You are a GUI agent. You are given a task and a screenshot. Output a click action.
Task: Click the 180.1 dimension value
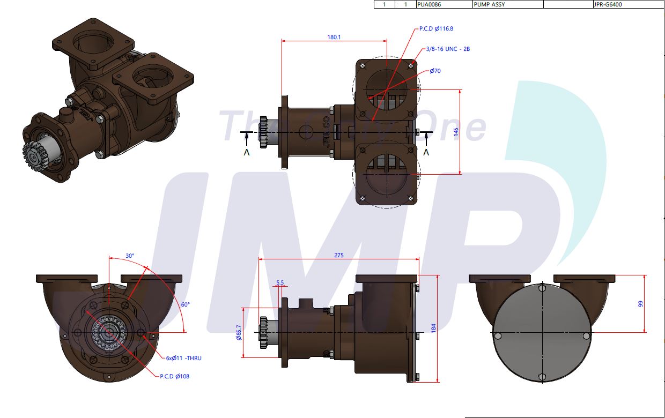pyautogui.click(x=334, y=37)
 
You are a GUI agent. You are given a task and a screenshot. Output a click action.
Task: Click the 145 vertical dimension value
pyautogui.click(x=456, y=132)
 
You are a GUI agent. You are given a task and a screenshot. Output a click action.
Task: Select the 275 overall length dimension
pyautogui.click(x=338, y=255)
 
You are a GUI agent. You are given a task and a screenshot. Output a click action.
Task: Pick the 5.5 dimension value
pyautogui.click(x=280, y=282)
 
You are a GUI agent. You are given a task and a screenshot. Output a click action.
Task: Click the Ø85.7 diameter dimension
pyautogui.click(x=238, y=333)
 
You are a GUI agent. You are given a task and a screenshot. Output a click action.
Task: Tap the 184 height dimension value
pyautogui.click(x=433, y=328)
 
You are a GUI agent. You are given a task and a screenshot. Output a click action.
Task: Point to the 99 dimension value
pyautogui.click(x=640, y=304)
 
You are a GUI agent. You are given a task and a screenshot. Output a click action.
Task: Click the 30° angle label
pyautogui.click(x=130, y=256)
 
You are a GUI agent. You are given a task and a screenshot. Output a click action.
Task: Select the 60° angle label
pyautogui.click(x=185, y=304)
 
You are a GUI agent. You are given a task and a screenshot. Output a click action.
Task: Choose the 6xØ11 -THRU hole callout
pyautogui.click(x=183, y=358)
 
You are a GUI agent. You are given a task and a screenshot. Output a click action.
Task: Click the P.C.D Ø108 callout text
pyautogui.click(x=174, y=376)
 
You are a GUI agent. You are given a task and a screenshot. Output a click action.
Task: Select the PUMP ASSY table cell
pyautogui.click(x=489, y=4)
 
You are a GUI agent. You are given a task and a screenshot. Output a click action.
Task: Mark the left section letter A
pyautogui.click(x=246, y=152)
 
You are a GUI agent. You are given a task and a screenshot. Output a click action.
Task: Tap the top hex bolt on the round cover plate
pyautogui.click(x=542, y=288)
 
